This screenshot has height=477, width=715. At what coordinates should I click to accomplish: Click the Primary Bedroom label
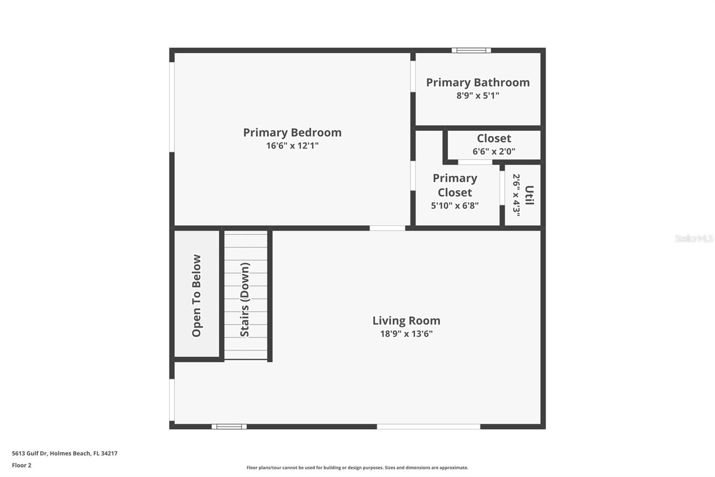(x=292, y=133)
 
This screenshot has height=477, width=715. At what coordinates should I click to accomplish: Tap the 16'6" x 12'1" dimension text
(x=292, y=146)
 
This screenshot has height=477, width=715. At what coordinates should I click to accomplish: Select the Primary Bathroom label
(x=478, y=82)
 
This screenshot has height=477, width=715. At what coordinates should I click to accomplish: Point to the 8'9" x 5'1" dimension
(x=478, y=96)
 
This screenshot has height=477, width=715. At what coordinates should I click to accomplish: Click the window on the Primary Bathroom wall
(x=471, y=50)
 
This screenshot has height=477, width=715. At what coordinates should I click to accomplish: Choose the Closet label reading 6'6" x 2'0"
(x=494, y=138)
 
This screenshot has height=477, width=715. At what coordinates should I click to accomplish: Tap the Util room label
(x=529, y=195)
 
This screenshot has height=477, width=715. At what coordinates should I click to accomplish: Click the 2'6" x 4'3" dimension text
(x=516, y=195)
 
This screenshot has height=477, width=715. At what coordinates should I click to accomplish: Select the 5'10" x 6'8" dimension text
(x=455, y=205)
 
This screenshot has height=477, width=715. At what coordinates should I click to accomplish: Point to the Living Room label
(x=406, y=321)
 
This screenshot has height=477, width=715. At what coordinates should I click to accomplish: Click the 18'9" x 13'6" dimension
(x=406, y=334)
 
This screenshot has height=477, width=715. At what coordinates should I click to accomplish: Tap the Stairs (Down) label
(x=245, y=299)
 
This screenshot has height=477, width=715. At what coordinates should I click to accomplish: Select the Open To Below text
(x=196, y=296)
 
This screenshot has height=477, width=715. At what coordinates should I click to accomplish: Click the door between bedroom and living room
(x=387, y=228)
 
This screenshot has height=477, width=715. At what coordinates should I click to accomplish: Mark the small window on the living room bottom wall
(x=229, y=426)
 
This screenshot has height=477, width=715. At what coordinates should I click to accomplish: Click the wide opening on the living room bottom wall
(x=429, y=426)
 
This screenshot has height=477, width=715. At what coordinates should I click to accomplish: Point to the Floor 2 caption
(x=22, y=465)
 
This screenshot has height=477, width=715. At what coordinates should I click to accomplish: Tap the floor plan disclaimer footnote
(x=357, y=468)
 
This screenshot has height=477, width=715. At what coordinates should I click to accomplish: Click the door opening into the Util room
(x=502, y=188)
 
